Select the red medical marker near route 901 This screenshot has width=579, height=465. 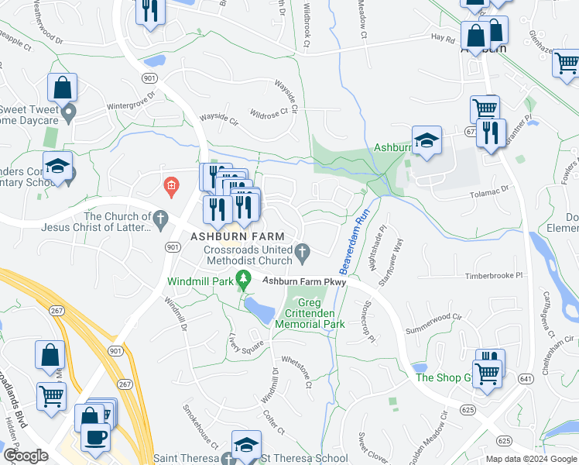point(171,185)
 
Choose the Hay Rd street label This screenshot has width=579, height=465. point(442,36)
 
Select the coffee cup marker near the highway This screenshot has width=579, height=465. point(95,436)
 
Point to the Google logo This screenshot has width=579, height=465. point(26,456)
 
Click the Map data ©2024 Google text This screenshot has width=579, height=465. point(531,459)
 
